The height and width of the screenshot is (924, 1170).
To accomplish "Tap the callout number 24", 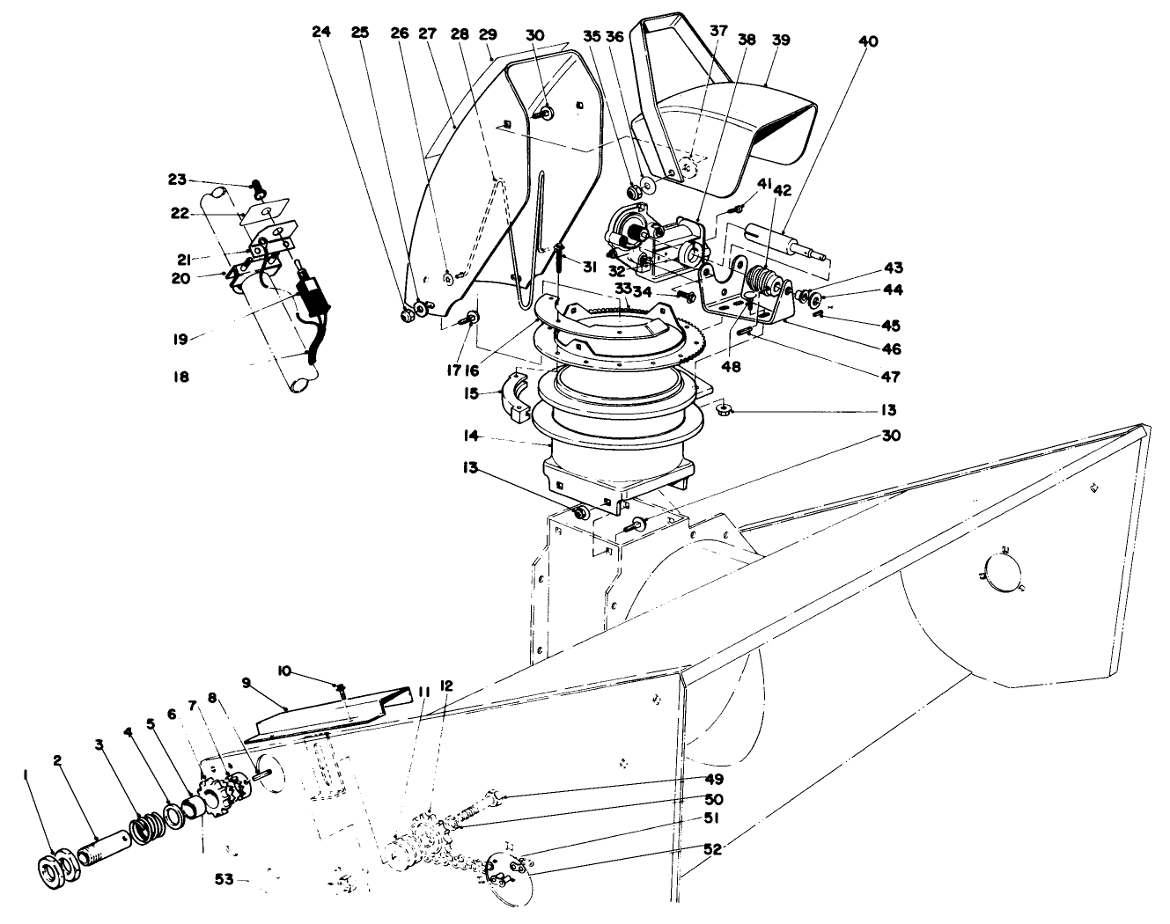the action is point(321,32).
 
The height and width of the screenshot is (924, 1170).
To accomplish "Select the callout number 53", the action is point(224,879).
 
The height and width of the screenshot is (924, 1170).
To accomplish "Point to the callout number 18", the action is point(181,376).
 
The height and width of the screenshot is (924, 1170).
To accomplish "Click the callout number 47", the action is point(891,376).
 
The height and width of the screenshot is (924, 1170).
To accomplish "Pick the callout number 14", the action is point(471,436).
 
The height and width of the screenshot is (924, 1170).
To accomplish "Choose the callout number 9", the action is point(247,683).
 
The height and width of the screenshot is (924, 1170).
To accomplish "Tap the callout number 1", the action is point(26,773).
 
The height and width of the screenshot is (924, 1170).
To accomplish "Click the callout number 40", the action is point(868,41).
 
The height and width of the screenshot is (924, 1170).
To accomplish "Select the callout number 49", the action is point(714,779).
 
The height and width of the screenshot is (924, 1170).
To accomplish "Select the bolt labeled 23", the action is point(258,189).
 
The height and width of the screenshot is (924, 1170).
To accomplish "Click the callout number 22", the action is point(179,214).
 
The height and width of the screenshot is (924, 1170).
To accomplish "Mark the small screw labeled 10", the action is point(342,690).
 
